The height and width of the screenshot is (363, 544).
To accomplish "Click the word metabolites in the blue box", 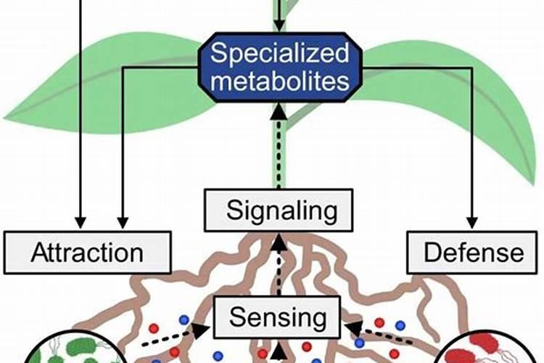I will tap(279, 81).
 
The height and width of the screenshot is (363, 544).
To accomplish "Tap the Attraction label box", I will tap(87, 253).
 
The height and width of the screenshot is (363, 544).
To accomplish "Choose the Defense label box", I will tap(474, 253).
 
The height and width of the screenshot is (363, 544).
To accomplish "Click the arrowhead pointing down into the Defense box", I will tap(474, 221).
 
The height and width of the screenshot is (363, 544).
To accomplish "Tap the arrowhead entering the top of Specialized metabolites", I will tap(280, 26).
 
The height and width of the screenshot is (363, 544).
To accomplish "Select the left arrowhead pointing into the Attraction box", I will tap(80, 221).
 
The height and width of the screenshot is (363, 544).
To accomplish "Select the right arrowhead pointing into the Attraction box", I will tap(123, 221).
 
